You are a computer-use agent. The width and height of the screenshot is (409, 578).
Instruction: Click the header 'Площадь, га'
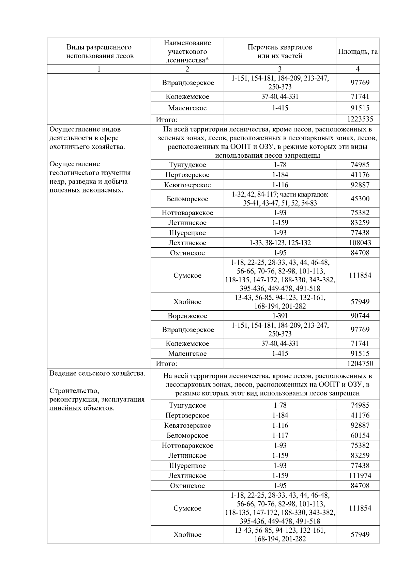point(358,51)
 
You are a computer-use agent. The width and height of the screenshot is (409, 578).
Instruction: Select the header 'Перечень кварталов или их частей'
point(279,51)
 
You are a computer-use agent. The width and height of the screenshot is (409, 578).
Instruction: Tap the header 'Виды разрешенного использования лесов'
point(99,51)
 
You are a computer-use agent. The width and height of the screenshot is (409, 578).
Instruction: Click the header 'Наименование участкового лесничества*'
point(187,51)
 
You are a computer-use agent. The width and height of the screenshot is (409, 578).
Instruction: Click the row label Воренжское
point(187,316)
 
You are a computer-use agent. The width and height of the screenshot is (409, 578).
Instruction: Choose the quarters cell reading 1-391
point(279,316)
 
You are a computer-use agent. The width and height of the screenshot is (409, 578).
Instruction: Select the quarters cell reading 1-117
point(279,435)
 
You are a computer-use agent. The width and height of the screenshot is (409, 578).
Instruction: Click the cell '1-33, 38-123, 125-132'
point(279,243)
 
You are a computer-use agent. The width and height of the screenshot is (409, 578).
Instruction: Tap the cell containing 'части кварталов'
point(279,199)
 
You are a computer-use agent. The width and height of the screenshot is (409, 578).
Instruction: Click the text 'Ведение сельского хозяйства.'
point(97,373)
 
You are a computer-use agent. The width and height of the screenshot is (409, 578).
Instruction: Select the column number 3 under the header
point(279,69)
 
